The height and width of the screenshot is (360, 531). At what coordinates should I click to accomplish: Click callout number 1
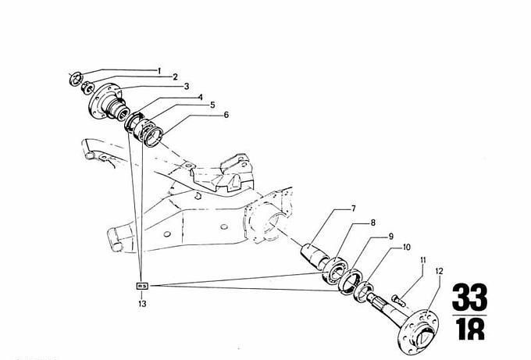(159, 71)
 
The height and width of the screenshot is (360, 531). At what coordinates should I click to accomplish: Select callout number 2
(175, 77)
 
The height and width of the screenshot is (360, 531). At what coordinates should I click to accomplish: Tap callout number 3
(187, 86)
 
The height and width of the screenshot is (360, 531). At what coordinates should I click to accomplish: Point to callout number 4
(200, 97)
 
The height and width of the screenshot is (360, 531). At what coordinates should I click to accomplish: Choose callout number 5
(212, 105)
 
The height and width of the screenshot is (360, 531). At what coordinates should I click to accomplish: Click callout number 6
(226, 115)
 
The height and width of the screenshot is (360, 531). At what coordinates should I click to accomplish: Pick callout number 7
(353, 209)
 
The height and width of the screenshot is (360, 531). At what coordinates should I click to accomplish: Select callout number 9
(390, 236)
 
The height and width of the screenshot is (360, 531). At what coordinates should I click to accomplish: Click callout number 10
(406, 248)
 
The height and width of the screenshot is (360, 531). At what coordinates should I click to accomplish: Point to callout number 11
(422, 260)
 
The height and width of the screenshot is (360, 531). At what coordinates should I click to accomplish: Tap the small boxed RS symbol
(142, 287)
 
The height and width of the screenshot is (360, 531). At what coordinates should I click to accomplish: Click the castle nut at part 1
(75, 77)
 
